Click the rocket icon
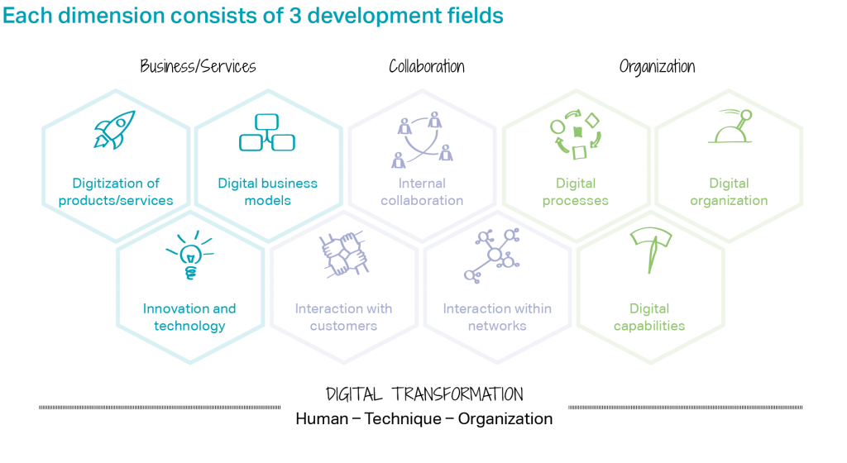click(114, 130)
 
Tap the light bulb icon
click(190, 255)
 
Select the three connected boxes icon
click(267, 132)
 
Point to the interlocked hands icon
click(344, 254)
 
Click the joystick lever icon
click(730, 126)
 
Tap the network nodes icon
click(492, 255)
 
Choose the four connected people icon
click(423, 140)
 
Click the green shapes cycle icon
click(576, 135)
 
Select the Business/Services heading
click(198, 66)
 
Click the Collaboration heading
click(427, 66)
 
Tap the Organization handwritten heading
click(657, 67)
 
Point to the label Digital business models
click(267, 192)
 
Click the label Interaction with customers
click(343, 317)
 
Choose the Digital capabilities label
click(649, 317)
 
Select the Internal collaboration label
click(422, 192)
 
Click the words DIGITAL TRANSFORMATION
click(424, 394)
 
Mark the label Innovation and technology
click(189, 317)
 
